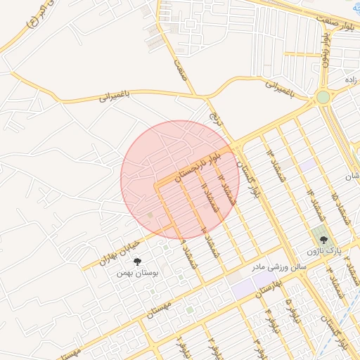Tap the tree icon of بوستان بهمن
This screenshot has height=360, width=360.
click(136, 262)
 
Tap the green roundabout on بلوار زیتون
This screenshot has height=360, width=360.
click(323, 97)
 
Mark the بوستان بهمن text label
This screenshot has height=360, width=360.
click(135, 273)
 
